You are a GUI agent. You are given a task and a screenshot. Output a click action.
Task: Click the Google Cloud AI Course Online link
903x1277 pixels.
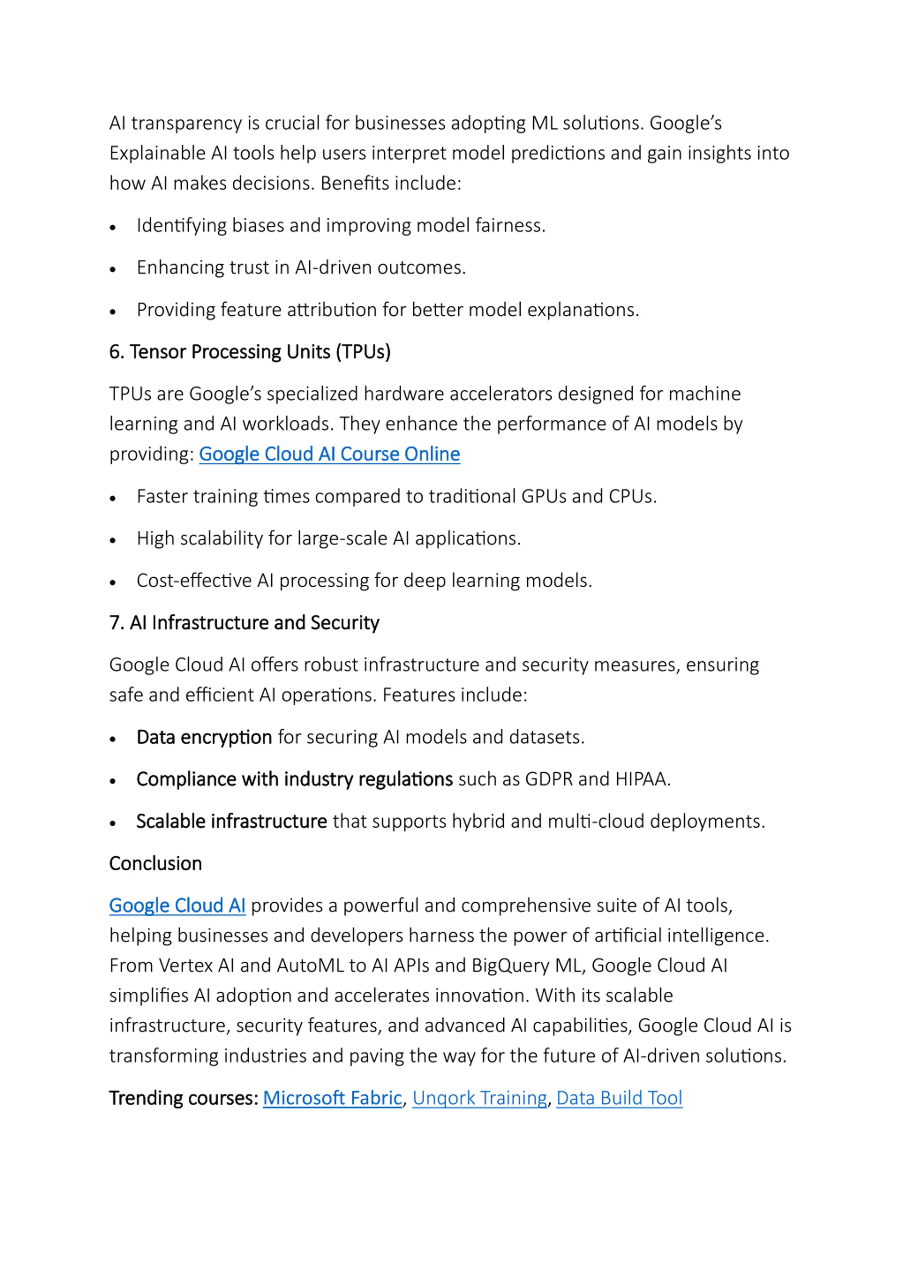329,454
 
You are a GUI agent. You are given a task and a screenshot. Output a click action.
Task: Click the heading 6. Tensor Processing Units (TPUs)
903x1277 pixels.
250,352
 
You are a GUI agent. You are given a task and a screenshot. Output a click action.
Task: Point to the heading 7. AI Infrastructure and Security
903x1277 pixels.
244,622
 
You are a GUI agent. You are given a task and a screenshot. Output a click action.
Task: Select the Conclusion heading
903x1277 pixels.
155,863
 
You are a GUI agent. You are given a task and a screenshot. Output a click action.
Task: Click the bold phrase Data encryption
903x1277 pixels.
204,737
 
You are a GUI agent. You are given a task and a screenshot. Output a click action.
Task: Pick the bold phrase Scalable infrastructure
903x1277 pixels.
231,821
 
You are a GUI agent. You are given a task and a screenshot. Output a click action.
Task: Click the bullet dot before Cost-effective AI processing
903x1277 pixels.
113,582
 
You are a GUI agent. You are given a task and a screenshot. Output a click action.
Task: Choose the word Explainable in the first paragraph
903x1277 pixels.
157,153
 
